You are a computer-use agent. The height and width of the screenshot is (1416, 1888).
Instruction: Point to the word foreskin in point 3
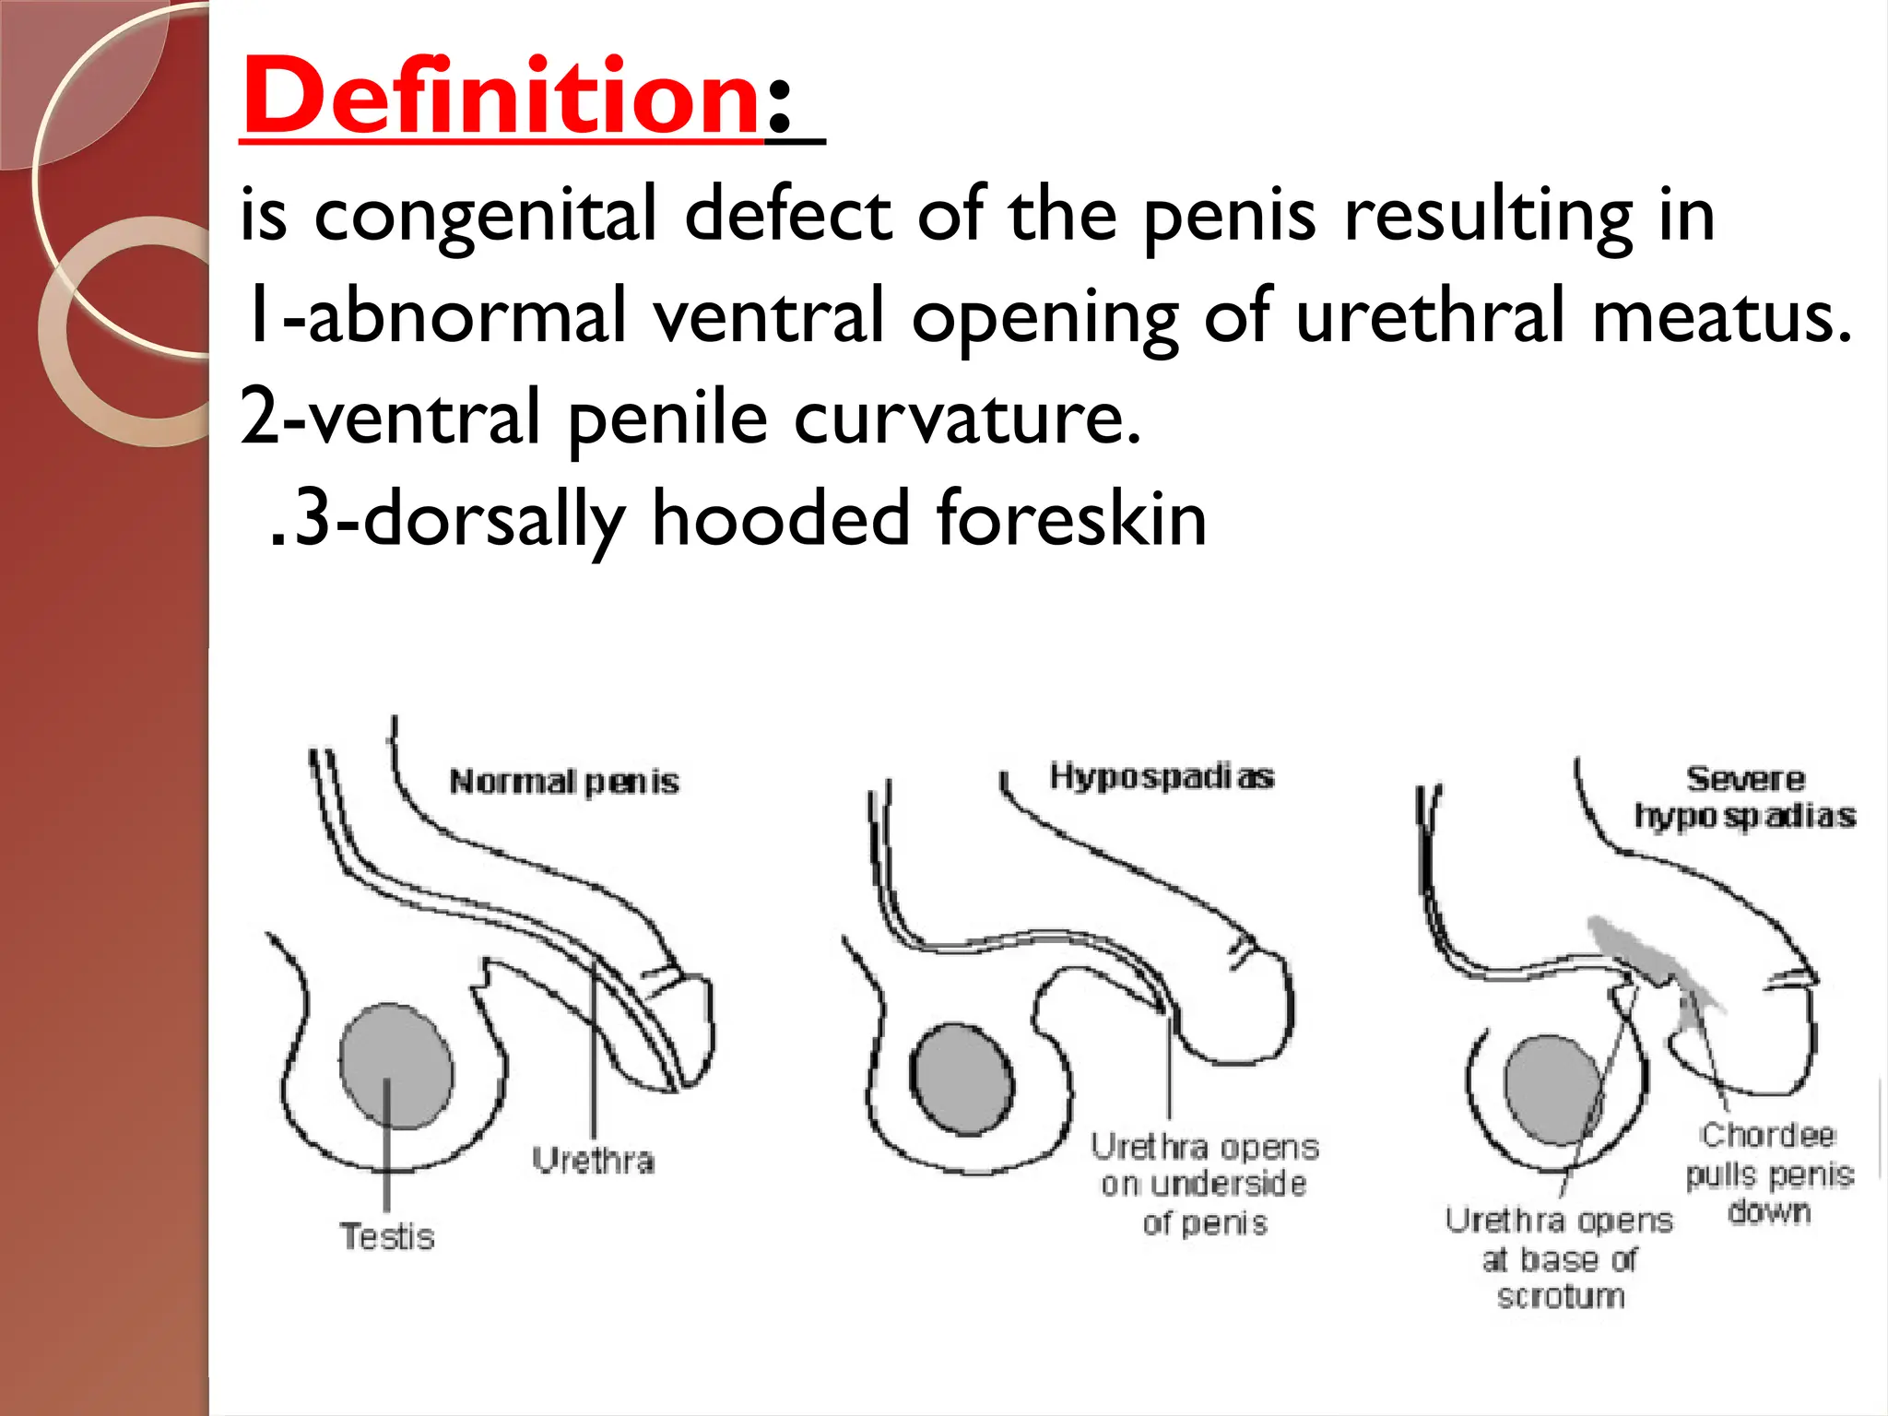click(1071, 519)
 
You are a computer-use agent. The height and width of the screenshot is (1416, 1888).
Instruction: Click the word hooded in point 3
click(782, 519)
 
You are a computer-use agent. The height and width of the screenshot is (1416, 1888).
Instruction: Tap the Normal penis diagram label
click(564, 783)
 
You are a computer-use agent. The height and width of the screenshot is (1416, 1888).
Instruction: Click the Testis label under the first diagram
click(387, 1236)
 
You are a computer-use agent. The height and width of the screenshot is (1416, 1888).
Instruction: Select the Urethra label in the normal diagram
click(594, 1161)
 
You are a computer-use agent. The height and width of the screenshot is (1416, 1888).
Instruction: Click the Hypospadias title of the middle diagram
click(1162, 777)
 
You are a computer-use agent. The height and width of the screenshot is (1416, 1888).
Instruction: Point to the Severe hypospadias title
click(1744, 797)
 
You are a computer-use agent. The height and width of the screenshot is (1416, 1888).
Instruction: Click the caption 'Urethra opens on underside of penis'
click(1205, 1185)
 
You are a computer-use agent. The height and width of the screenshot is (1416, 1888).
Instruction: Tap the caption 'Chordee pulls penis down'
click(1768, 1174)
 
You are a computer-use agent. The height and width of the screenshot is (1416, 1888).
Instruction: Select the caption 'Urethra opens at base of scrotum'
click(1559, 1258)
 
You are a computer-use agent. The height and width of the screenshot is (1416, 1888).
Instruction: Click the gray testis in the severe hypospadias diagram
click(1553, 1089)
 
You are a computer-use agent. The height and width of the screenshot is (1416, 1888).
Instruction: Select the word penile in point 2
click(667, 418)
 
